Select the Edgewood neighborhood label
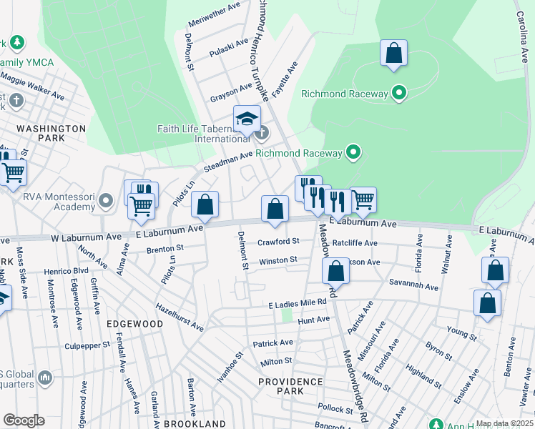[135, 324]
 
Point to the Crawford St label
[278, 242]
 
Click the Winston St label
[278, 261]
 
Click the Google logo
[23, 420]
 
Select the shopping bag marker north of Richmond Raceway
[393, 54]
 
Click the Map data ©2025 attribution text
[504, 423]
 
